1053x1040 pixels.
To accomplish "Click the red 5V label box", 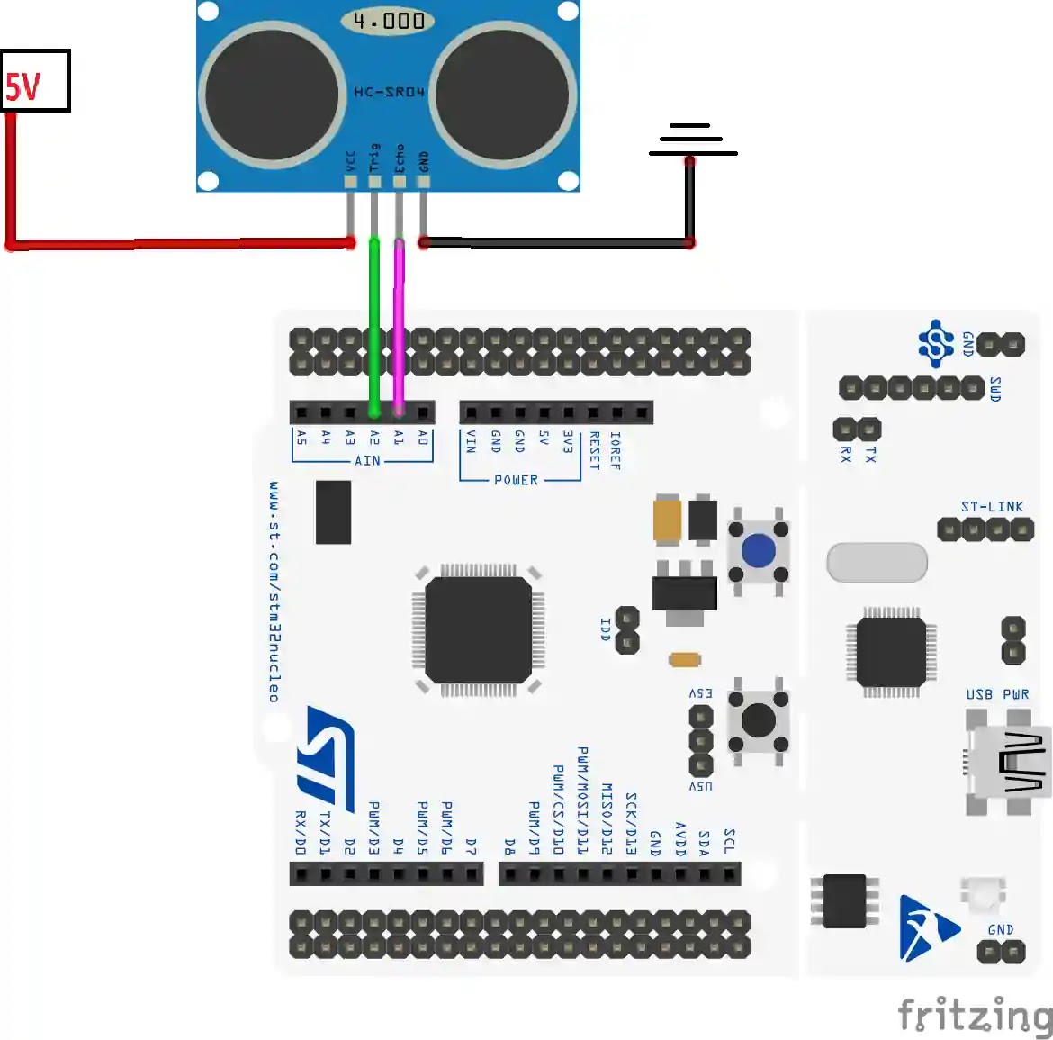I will click(x=35, y=81).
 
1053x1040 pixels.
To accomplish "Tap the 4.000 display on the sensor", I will click(x=388, y=21).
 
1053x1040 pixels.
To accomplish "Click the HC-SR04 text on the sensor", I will click(x=389, y=92).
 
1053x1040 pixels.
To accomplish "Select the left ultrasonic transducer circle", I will click(x=272, y=95).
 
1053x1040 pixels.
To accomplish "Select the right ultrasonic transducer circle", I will click(x=502, y=95).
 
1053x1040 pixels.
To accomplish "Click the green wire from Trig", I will click(x=374, y=324).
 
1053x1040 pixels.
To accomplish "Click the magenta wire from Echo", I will click(x=399, y=324).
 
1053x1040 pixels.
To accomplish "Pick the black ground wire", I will click(x=558, y=242).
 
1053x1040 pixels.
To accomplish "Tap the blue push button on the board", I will click(x=758, y=550).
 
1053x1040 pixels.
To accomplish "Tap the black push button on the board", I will click(x=758, y=720).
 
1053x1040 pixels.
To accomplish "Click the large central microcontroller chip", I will click(x=478, y=630).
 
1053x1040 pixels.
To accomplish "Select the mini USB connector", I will click(x=1008, y=762).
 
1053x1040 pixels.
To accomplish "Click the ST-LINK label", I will click(x=992, y=507).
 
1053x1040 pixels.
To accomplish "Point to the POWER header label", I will click(x=516, y=480).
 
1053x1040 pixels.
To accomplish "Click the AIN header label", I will click(x=367, y=461).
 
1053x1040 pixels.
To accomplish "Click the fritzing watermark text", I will click(x=975, y=1016).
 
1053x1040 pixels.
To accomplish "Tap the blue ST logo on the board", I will click(x=326, y=756).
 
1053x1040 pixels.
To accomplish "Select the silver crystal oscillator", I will click(x=877, y=562).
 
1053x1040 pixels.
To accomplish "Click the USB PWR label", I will click(x=997, y=694).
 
